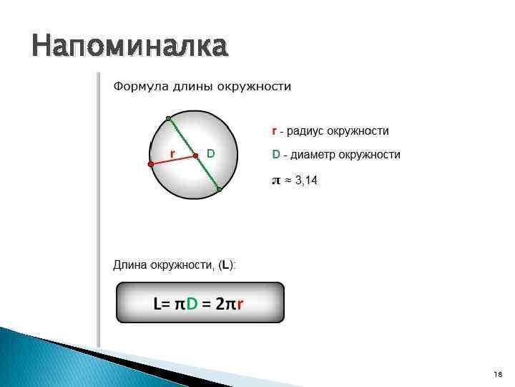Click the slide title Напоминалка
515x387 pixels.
(x=129, y=47)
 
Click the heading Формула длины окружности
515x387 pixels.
(x=202, y=87)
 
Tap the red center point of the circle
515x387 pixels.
(x=195, y=155)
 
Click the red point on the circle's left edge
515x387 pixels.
(x=151, y=164)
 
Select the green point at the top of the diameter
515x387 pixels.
(x=168, y=118)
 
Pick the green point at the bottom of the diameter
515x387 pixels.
(x=220, y=190)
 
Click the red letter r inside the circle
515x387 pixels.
(x=172, y=153)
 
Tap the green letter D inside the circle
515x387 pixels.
(x=210, y=153)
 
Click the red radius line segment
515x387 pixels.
(x=173, y=160)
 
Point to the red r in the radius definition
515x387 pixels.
(x=274, y=131)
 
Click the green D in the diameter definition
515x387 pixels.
(x=275, y=155)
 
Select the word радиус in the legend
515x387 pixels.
(x=307, y=131)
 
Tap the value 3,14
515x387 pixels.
(x=306, y=181)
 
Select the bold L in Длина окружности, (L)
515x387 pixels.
(x=226, y=265)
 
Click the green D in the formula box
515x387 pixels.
(x=191, y=304)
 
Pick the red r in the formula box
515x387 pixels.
(x=240, y=304)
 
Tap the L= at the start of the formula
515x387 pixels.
(x=162, y=304)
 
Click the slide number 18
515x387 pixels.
(x=498, y=375)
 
